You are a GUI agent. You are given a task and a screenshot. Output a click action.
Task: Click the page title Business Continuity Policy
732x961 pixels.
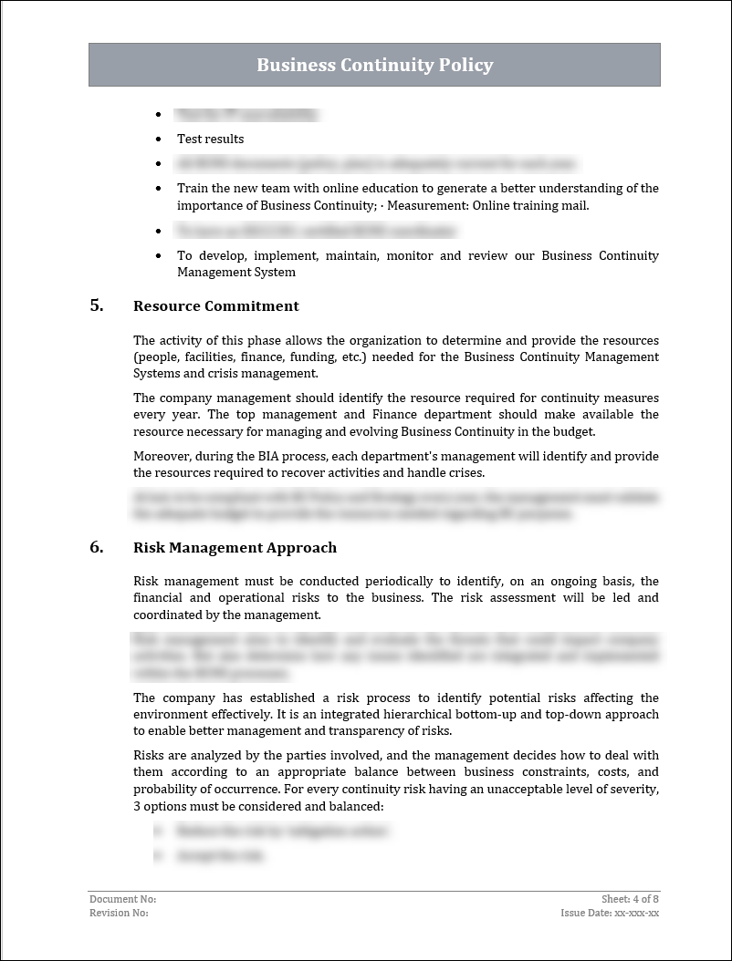(x=374, y=65)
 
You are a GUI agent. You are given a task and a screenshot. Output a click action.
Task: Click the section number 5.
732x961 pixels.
(x=97, y=305)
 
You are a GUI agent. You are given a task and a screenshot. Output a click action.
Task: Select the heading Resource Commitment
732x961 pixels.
(x=215, y=306)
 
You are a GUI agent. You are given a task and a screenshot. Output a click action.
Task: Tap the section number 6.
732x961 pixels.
(x=97, y=547)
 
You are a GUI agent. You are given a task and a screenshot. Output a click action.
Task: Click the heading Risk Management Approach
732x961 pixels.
(x=235, y=548)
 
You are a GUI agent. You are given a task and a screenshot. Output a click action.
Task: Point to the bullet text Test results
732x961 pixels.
(x=210, y=139)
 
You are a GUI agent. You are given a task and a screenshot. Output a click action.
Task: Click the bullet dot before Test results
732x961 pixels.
(x=159, y=139)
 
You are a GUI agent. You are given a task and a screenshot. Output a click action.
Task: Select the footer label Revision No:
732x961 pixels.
(x=119, y=913)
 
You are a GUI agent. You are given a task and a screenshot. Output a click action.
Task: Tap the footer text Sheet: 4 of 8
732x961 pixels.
(x=630, y=899)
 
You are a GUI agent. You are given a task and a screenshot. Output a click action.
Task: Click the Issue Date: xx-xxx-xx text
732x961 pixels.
(x=610, y=913)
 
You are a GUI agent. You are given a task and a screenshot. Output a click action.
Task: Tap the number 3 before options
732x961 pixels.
(x=137, y=806)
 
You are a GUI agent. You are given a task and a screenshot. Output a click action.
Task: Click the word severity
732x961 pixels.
(x=633, y=789)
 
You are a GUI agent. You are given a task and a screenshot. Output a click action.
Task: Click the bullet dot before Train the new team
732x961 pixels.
(x=159, y=189)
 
